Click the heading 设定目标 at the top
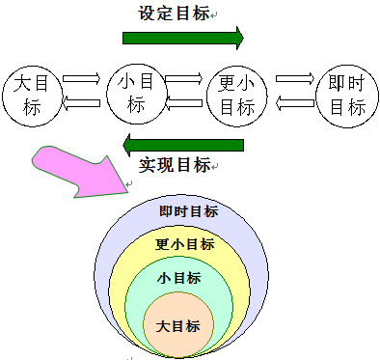point(174,14)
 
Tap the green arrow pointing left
point(182,145)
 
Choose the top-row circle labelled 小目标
point(135,94)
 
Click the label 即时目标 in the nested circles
point(188,211)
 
